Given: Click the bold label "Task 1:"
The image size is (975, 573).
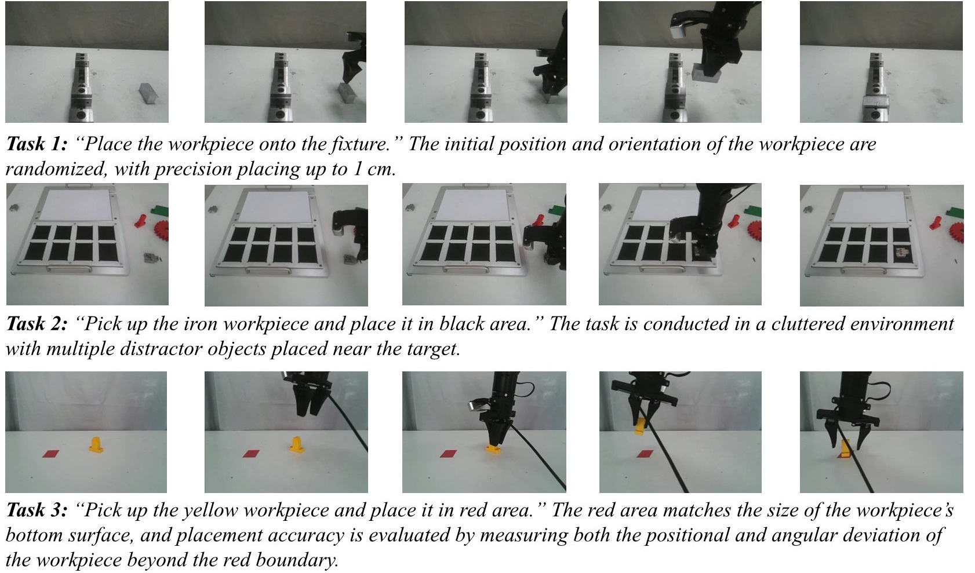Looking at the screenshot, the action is coord(37,144).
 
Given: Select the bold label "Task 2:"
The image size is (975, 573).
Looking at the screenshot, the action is coord(37,324).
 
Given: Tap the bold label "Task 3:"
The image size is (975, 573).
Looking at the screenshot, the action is coord(37,510).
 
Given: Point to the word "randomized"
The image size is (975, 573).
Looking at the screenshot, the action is coord(56,169).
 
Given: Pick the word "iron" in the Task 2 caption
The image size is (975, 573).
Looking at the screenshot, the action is coord(202,324).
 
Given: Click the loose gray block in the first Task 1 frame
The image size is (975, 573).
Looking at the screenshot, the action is coord(150,93).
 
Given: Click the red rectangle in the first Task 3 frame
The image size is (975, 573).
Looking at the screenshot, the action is coord(50,454).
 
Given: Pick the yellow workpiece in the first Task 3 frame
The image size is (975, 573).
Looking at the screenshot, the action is coord(96,444).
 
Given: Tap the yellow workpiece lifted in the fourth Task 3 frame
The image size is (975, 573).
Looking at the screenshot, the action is coord(639,426).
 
